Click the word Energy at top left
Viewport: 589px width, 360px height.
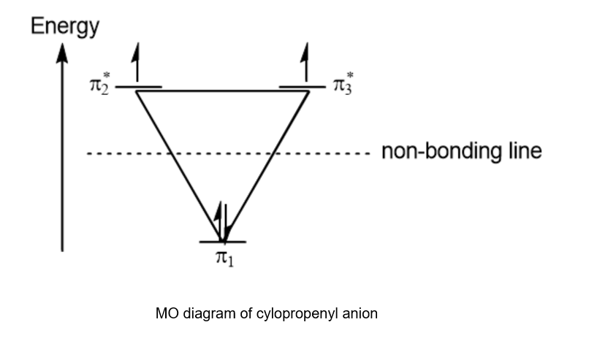(x=64, y=28)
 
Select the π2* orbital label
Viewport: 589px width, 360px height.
(x=99, y=85)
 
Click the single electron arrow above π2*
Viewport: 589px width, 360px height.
(x=134, y=62)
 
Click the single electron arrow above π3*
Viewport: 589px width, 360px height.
(x=305, y=61)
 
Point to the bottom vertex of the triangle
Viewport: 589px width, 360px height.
(x=222, y=240)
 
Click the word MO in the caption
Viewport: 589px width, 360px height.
(x=164, y=314)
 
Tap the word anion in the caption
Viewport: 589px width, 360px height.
(x=362, y=314)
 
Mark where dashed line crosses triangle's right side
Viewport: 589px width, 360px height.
(x=272, y=153)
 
